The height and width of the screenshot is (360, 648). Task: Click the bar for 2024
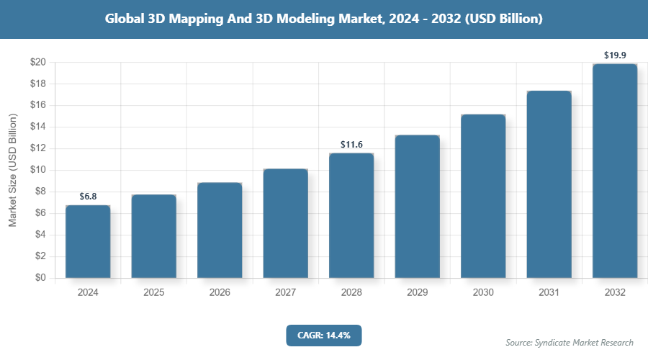click(88, 241)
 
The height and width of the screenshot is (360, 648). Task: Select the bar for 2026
click(220, 230)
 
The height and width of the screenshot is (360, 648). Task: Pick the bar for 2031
click(549, 184)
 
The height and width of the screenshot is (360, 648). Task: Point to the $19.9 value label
click(615, 55)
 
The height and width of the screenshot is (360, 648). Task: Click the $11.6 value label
click(351, 145)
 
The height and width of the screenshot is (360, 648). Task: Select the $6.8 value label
click(88, 197)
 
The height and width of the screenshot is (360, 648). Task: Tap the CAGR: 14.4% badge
click(323, 335)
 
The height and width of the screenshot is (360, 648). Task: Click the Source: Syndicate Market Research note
click(570, 342)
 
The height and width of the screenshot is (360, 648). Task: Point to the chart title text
click(323, 19)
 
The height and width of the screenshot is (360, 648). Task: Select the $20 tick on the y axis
click(38, 63)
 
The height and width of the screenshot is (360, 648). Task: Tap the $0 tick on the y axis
click(41, 278)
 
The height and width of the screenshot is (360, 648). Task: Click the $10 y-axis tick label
click(38, 170)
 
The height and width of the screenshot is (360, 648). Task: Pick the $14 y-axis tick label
click(38, 127)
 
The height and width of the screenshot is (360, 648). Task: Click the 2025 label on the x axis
click(153, 293)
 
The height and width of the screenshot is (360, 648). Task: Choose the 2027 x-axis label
click(285, 293)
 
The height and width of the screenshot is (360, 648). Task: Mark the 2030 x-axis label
click(483, 293)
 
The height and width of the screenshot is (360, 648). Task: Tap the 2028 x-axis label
click(351, 293)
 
